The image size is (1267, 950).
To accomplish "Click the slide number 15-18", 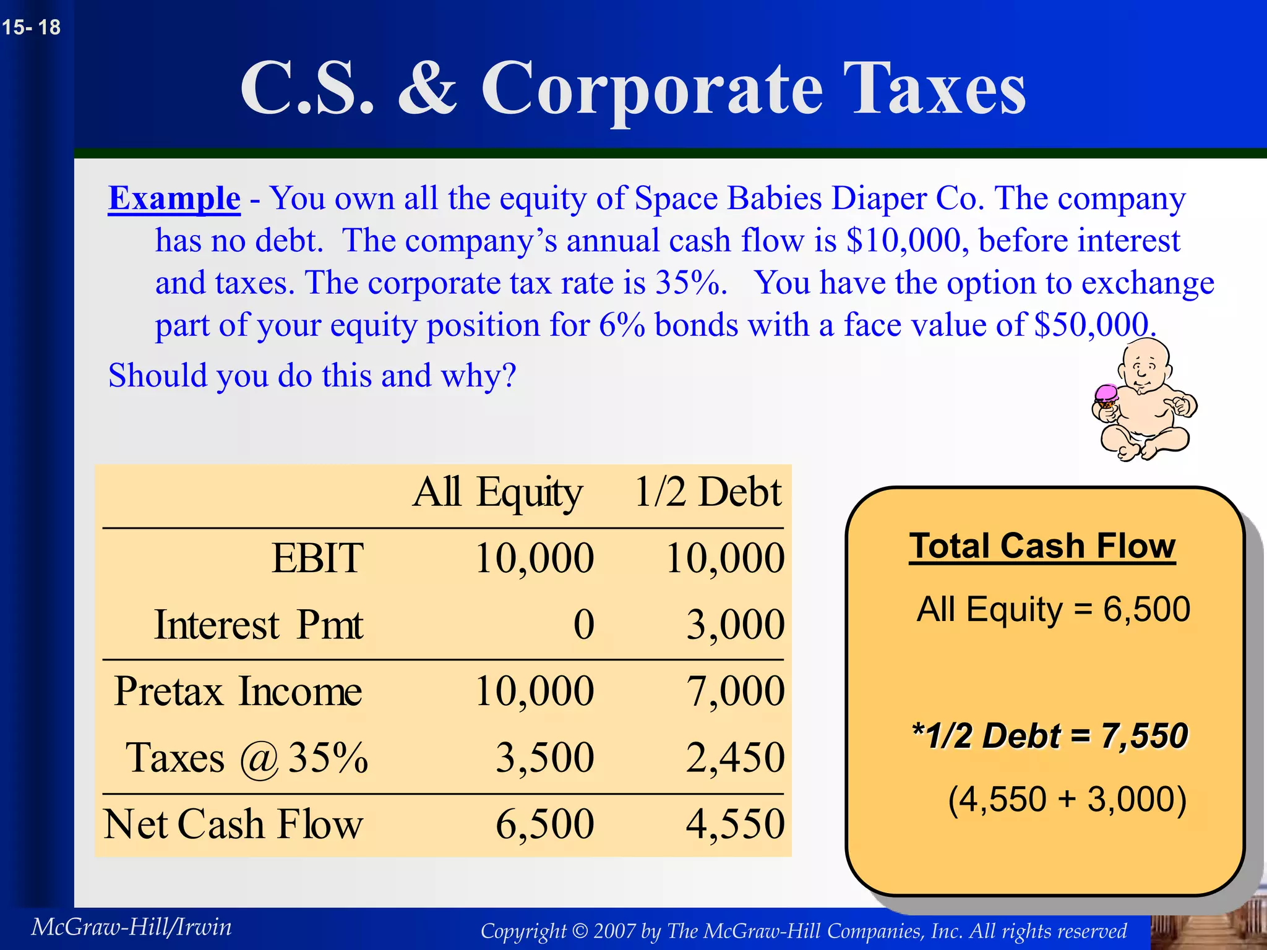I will click(31, 27).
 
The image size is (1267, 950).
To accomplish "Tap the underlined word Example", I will click(174, 199).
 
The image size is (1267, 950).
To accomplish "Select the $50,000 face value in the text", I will click(1092, 325).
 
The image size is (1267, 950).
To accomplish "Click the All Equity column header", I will click(497, 493).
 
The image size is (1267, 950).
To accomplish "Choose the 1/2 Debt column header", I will click(708, 493).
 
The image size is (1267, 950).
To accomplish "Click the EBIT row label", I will click(317, 558).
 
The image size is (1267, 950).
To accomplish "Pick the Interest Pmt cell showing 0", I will click(583, 624).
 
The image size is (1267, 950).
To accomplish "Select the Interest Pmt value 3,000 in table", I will click(735, 624).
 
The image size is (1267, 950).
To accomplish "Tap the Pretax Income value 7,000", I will click(735, 691).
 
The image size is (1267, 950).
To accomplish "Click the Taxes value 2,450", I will click(735, 758).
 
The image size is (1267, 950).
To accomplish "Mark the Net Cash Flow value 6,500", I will click(544, 824).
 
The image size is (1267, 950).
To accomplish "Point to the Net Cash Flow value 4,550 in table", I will click(735, 824).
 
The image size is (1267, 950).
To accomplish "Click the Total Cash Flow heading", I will click(1042, 547).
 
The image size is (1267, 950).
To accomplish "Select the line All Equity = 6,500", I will click(1053, 609).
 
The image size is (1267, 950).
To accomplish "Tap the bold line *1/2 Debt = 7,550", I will click(1050, 736).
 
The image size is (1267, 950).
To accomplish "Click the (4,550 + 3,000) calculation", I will click(1067, 799).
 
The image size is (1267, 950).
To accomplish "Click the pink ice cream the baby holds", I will click(1106, 395).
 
